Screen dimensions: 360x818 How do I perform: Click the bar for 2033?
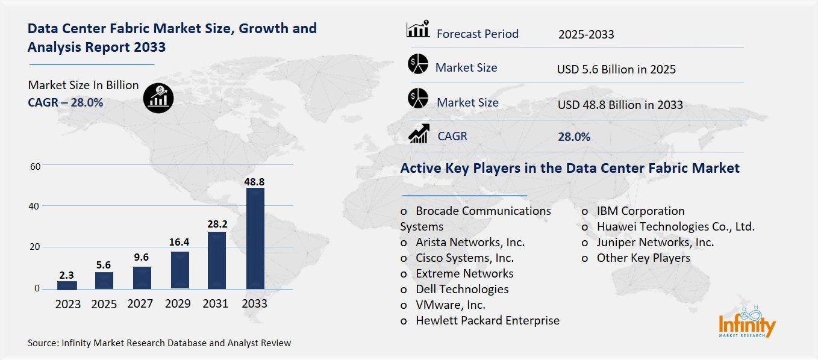click(255, 238)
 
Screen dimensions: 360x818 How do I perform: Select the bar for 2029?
click(180, 270)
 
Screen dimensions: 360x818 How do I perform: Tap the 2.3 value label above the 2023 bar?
click(66, 275)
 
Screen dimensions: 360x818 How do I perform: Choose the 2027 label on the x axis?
click(142, 304)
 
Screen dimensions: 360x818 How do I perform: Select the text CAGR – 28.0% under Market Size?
click(65, 102)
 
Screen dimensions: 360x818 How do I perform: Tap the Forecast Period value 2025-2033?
click(585, 34)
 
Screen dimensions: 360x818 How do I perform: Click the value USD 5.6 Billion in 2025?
click(616, 69)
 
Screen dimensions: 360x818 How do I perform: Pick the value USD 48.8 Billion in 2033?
click(620, 105)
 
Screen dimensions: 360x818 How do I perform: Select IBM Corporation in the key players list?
click(640, 211)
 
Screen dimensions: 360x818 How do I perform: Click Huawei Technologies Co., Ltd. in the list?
click(675, 226)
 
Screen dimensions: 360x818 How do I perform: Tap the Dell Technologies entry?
click(461, 289)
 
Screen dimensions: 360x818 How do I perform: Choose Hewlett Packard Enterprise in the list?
click(487, 320)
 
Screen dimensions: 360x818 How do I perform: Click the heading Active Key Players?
click(569, 169)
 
